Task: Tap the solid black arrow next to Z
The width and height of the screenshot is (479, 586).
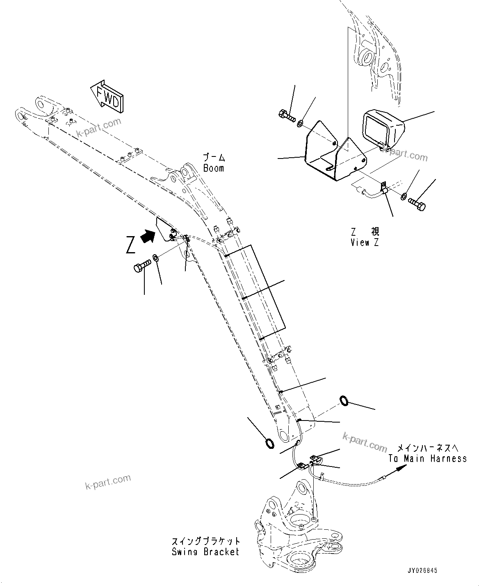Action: tap(148, 236)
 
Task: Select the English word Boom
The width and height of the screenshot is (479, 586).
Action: tap(214, 168)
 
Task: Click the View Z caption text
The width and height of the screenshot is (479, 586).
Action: tap(365, 242)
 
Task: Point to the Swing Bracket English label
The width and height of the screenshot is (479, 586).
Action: tap(205, 552)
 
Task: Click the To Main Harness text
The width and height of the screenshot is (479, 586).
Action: tap(427, 458)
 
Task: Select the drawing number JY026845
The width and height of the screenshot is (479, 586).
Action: tap(422, 571)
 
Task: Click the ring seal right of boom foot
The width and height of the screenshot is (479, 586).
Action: tap(345, 400)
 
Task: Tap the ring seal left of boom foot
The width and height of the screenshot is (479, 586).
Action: tap(270, 444)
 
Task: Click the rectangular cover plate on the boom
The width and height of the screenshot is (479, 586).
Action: tap(256, 292)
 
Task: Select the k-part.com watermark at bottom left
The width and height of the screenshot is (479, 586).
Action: tap(108, 482)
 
